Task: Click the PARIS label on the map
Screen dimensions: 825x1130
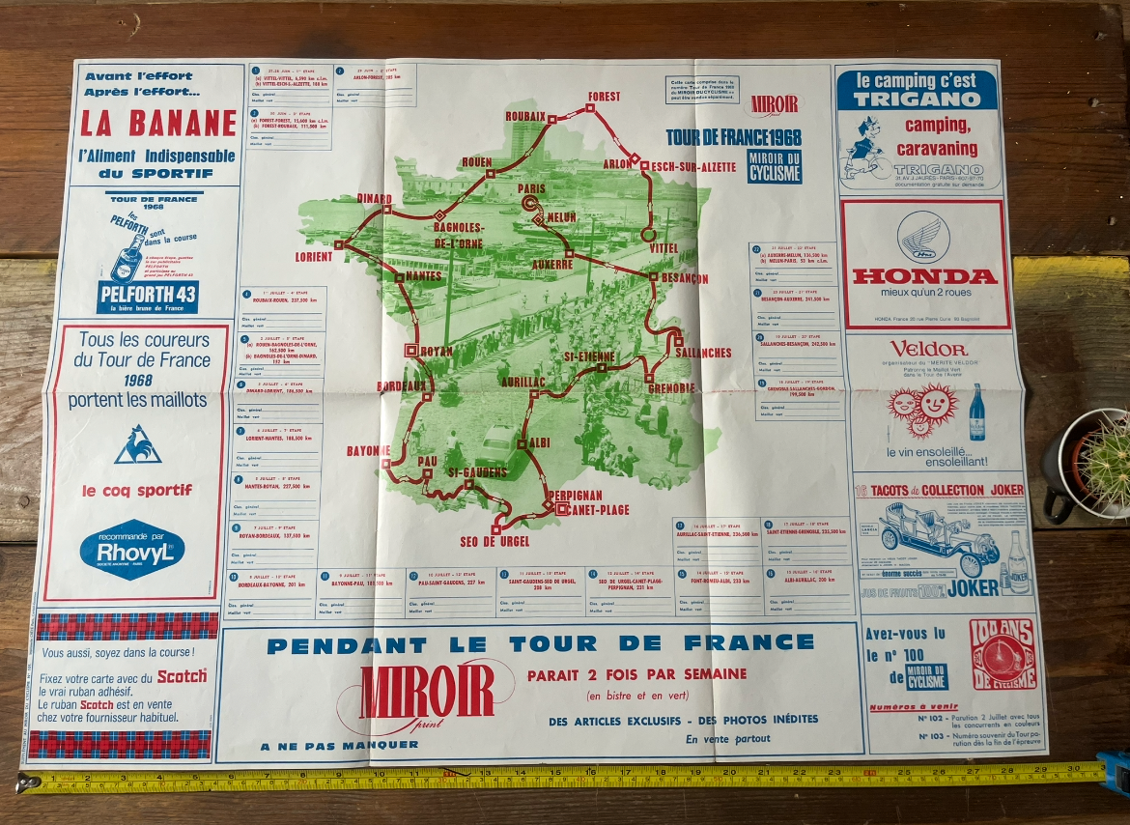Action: point(531,188)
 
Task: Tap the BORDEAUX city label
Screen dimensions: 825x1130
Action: point(402,386)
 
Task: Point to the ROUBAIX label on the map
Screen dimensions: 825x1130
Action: point(525,116)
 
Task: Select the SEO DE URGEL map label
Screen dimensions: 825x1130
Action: point(494,542)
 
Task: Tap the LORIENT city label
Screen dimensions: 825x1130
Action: point(313,257)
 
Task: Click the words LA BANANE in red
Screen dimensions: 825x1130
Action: point(158,124)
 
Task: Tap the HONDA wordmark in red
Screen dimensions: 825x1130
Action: point(924,276)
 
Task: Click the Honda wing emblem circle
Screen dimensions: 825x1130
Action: point(923,238)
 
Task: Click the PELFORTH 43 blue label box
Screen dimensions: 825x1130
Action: point(147,296)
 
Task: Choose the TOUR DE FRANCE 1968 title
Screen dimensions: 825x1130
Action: point(733,136)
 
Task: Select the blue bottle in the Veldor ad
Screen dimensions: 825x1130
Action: point(977,412)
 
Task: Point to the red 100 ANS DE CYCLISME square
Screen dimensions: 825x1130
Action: point(1002,655)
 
